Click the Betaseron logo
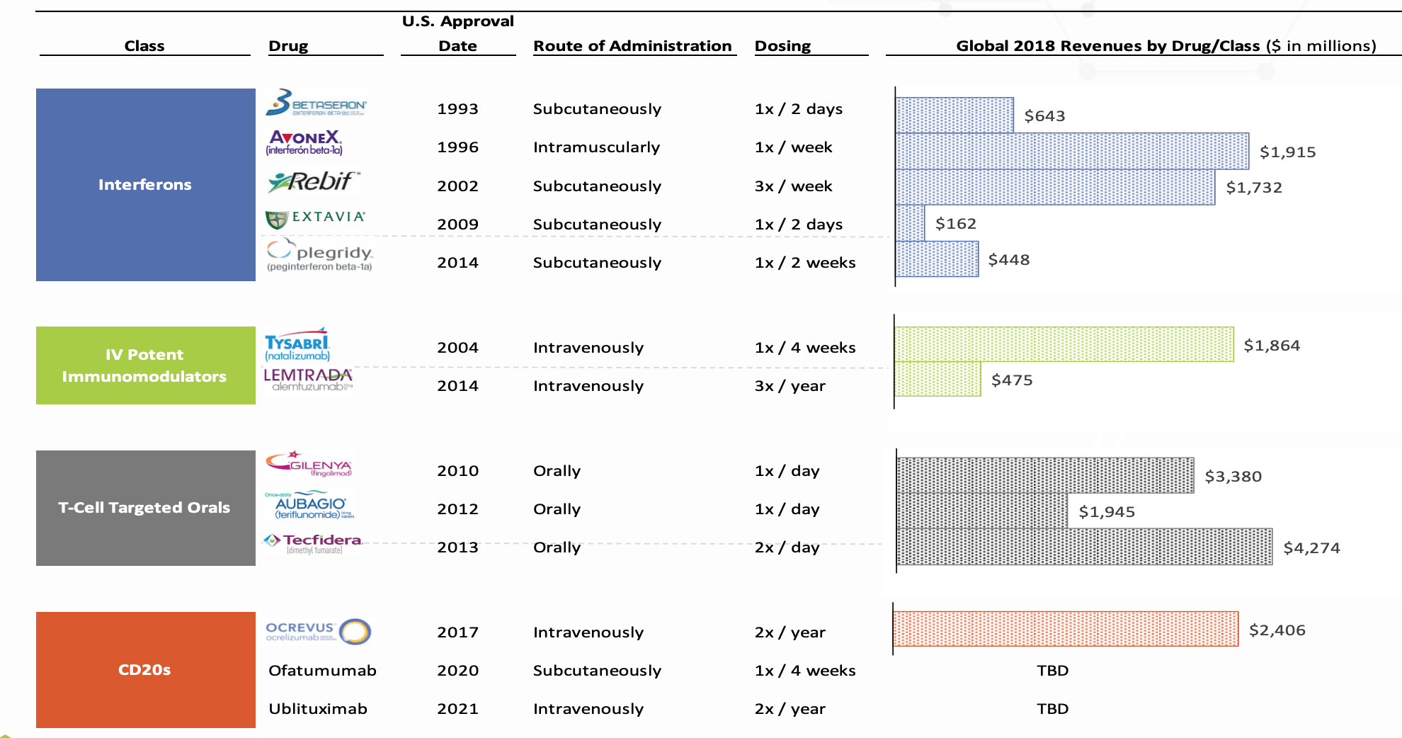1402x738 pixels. click(x=316, y=103)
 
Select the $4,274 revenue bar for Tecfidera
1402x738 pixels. click(x=1084, y=547)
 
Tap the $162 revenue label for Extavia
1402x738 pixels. click(x=955, y=224)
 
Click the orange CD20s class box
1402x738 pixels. click(x=145, y=669)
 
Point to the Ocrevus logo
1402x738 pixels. click(x=318, y=631)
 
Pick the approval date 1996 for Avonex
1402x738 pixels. click(x=457, y=147)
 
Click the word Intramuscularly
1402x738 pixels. click(x=596, y=147)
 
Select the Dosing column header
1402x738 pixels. click(x=782, y=46)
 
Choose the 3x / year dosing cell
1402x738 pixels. click(x=790, y=386)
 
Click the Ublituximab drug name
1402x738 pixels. click(x=318, y=709)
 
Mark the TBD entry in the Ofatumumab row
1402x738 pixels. click(x=1052, y=671)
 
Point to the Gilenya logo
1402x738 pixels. click(x=309, y=464)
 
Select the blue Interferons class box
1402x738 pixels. click(x=145, y=185)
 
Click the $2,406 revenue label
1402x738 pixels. click(x=1277, y=630)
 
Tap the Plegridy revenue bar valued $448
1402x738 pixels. click(x=937, y=259)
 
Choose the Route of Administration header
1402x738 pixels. click(x=632, y=46)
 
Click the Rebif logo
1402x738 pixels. click(x=314, y=182)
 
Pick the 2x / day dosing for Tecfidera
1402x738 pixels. click(x=787, y=547)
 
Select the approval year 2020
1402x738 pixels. click(x=457, y=671)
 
